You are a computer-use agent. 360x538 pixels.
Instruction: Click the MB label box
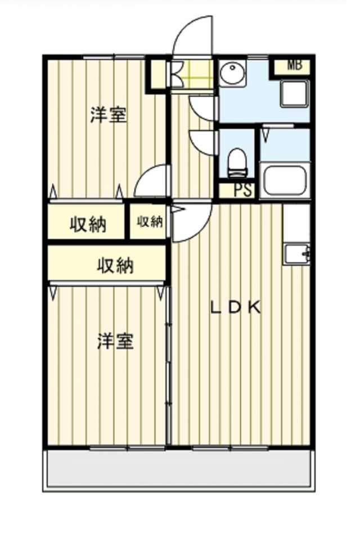coord(295,66)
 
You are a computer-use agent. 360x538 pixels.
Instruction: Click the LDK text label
coord(236,307)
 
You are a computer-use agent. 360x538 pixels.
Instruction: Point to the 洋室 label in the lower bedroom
coord(115,341)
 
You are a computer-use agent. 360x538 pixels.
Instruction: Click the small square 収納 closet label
coord(150,222)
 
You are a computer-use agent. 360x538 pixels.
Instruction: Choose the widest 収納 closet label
coord(116,265)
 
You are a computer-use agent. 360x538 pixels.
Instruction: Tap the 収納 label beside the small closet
coord(88,225)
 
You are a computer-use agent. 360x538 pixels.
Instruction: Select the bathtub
coord(286,178)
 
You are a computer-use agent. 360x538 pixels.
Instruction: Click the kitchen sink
coord(296,254)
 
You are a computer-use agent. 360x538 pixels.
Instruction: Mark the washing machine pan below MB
coord(294,93)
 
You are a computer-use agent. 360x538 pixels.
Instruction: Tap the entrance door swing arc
coord(193,37)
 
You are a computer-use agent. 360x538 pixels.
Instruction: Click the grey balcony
coord(178,468)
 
